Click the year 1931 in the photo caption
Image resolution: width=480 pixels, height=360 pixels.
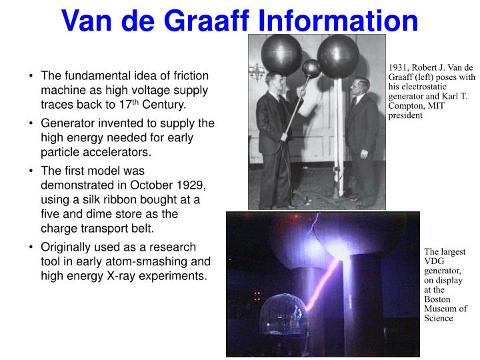pos(399,68)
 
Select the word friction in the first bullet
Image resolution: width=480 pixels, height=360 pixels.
pos(187,76)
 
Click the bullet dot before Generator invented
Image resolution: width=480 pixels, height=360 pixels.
pos(32,123)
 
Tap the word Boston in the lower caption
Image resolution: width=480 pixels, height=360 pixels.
pos(437,299)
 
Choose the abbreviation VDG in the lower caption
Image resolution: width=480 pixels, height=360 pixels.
pos(434,262)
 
